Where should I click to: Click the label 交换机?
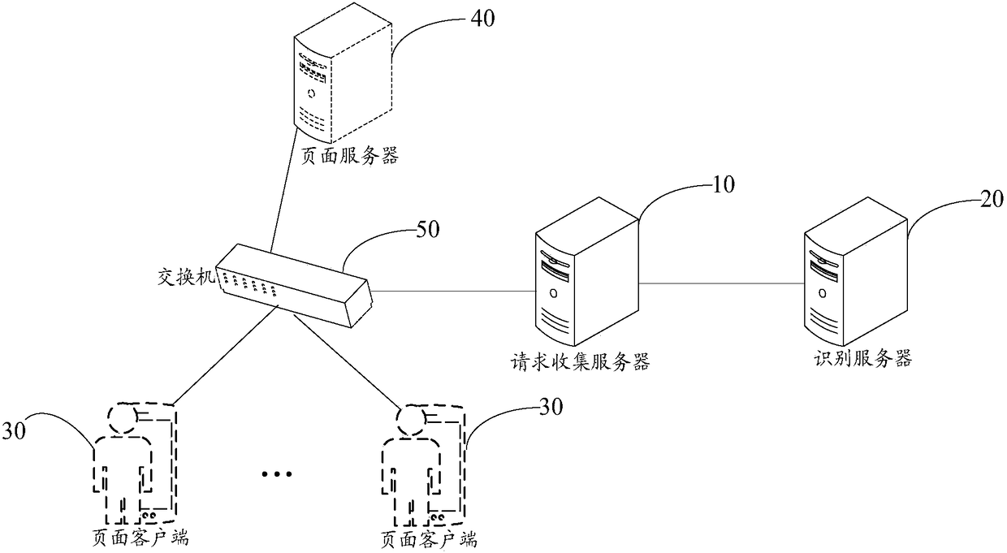click(x=184, y=277)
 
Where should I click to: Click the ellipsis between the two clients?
click(x=278, y=473)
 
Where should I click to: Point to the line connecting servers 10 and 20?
click(x=720, y=284)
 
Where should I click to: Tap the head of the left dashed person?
click(x=122, y=416)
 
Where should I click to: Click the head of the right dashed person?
click(x=412, y=417)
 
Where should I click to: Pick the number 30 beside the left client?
click(x=17, y=428)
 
